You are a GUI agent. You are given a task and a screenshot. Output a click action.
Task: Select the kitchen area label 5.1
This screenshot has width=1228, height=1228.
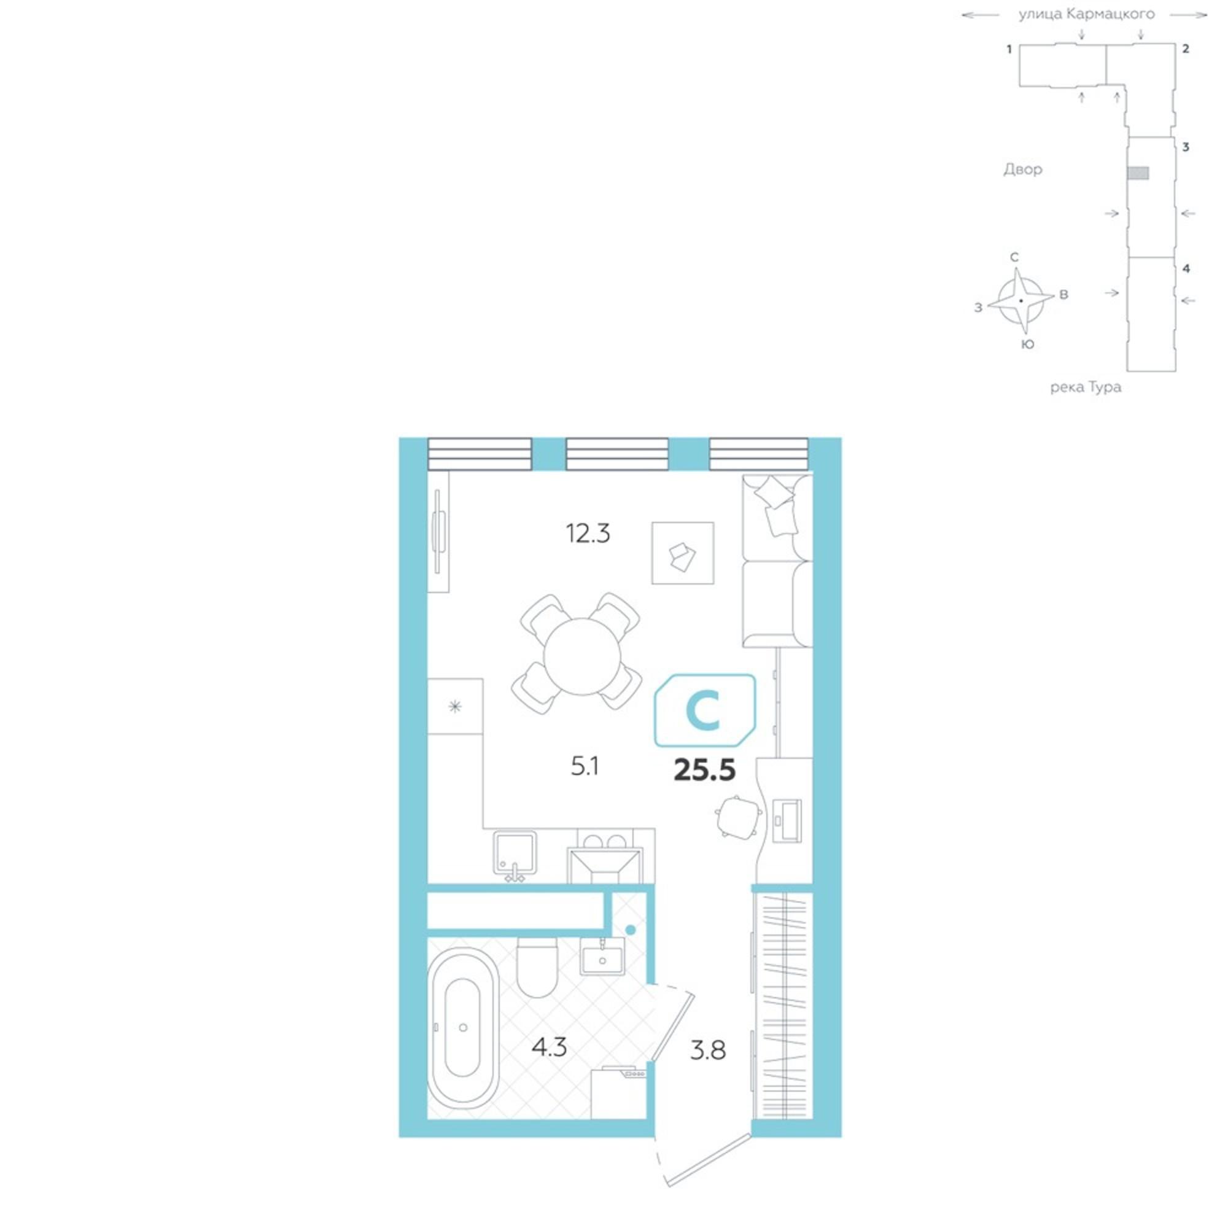pos(585,767)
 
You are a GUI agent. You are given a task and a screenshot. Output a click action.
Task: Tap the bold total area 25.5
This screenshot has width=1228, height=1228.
pos(704,771)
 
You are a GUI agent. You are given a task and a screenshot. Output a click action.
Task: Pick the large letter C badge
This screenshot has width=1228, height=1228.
pos(705,710)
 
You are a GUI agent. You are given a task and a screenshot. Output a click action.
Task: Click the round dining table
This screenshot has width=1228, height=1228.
pos(582,656)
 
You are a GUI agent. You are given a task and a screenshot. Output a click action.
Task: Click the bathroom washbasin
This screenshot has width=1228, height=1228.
pos(602,957)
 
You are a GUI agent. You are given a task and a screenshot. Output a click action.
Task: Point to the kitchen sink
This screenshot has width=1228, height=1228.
pos(515,853)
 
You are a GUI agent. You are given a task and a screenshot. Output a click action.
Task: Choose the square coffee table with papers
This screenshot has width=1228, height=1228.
pos(683,553)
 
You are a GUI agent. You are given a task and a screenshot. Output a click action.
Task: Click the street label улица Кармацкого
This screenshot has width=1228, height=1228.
pos(1087,14)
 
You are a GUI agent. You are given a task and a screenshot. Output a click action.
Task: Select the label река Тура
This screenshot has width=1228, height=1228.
pos(1086,387)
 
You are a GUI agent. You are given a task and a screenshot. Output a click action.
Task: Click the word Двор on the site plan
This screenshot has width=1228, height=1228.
pos(1023,169)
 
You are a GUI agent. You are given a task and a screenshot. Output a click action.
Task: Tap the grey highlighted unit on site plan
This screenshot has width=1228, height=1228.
pos(1138,173)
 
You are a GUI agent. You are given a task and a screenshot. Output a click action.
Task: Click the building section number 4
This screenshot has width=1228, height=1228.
pos(1186,268)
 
